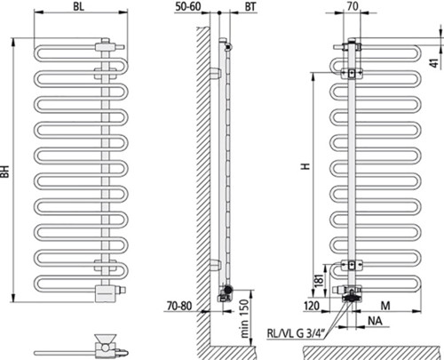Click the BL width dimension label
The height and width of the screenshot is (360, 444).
point(78,6)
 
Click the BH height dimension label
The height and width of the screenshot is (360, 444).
point(5,172)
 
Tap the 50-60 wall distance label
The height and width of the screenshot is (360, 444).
point(188,6)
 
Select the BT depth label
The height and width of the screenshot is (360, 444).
point(250,6)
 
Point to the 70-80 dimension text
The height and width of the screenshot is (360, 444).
point(179,306)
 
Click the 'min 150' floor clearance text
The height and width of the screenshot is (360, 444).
point(244,318)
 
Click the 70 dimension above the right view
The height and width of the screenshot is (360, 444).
point(353,6)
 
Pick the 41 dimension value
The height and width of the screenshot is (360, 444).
point(434,63)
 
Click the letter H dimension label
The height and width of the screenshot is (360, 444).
point(305,166)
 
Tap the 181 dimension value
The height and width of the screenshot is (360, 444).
point(319,281)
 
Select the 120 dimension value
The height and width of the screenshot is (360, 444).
point(312,306)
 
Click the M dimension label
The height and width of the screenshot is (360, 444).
point(385,306)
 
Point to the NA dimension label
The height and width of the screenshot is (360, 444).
point(375,321)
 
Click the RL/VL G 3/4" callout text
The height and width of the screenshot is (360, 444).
point(296,333)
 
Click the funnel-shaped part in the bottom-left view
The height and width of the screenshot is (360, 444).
point(106,339)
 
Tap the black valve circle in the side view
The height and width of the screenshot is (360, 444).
point(227,290)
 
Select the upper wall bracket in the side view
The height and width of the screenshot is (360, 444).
point(216,73)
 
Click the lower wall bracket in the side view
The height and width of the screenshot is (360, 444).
point(215,265)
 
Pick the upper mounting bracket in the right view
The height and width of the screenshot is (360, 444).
point(352,73)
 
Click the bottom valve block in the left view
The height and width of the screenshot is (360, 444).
point(105,293)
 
